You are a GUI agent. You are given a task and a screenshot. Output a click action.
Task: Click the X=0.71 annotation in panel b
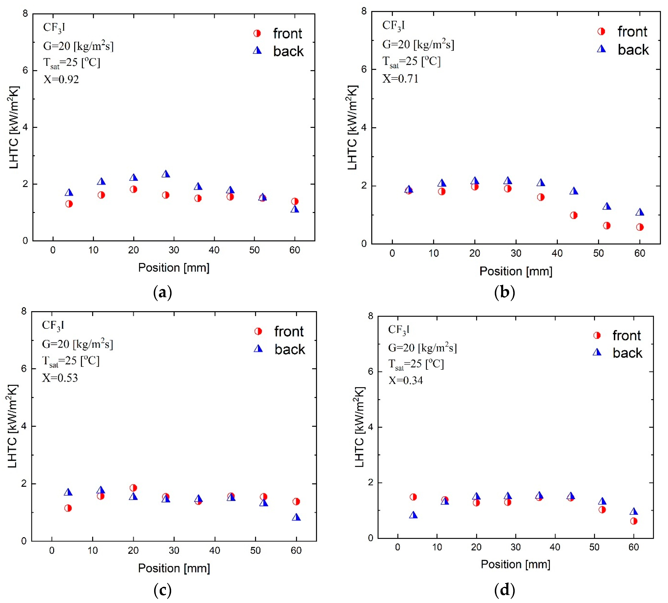(x=400, y=79)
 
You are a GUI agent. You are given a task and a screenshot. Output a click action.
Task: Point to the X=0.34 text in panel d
(x=406, y=380)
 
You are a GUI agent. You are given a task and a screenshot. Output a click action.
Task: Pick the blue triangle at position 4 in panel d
(x=413, y=515)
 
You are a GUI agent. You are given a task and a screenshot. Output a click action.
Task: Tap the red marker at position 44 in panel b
(x=574, y=215)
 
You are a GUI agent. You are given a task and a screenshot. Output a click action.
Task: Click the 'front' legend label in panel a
(x=287, y=33)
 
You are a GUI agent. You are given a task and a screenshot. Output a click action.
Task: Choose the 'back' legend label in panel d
(x=627, y=353)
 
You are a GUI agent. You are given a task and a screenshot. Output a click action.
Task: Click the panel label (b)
(x=504, y=292)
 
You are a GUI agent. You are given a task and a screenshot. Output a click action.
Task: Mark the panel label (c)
(x=162, y=590)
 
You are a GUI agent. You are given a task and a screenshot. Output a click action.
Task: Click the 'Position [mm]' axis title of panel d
(x=516, y=564)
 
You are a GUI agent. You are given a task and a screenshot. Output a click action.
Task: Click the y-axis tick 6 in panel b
(x=364, y=69)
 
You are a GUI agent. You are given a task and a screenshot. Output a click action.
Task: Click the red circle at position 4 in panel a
(x=69, y=204)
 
